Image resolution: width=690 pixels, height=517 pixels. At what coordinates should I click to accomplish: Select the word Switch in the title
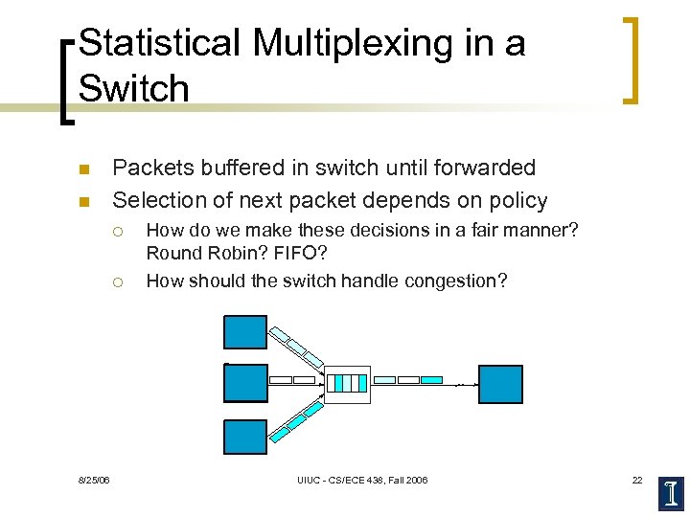pos(134,88)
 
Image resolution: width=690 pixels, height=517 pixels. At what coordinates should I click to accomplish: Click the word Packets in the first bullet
pos(154,168)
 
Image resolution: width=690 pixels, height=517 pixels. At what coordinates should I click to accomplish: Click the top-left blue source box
pos(245,331)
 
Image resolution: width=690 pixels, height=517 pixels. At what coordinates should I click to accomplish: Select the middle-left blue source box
pos(245,383)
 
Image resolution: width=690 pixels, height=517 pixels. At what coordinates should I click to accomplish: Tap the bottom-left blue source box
pos(245,436)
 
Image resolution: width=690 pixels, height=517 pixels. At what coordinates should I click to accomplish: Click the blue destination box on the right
pos(500,384)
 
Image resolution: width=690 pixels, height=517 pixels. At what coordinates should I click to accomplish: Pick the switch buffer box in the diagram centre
pos(346,383)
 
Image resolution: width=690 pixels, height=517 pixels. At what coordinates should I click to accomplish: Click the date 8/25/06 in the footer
pos(94,480)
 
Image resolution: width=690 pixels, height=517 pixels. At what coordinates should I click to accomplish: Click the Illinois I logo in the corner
pos(672,492)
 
